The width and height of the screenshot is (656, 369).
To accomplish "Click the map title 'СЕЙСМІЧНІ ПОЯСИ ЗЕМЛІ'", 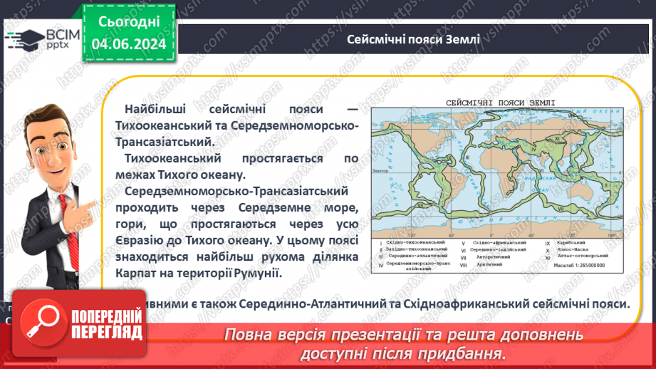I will tap(499, 103).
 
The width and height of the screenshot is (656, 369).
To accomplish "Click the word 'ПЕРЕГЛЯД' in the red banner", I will tap(105, 331).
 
